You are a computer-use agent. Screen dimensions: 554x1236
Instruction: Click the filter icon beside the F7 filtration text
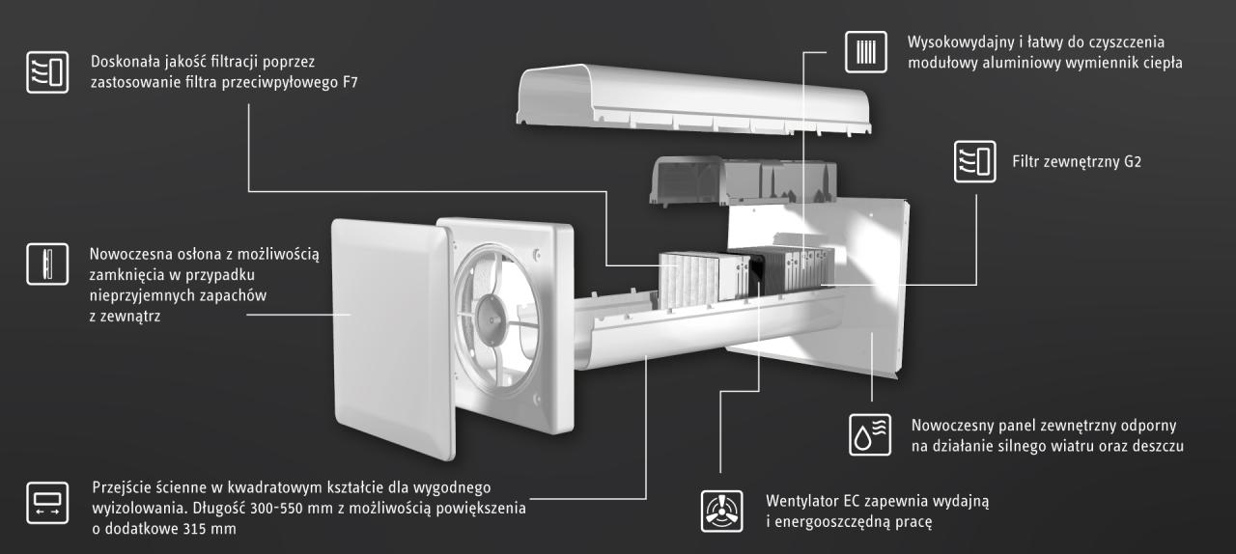pos(47,72)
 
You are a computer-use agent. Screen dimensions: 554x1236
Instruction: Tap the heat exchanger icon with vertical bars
pos(865,51)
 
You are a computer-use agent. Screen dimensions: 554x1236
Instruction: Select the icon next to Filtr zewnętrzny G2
pos(974,161)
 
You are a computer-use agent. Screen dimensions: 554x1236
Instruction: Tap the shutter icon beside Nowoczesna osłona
pos(47,263)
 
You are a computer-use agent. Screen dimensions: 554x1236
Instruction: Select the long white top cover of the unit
pos(681,97)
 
